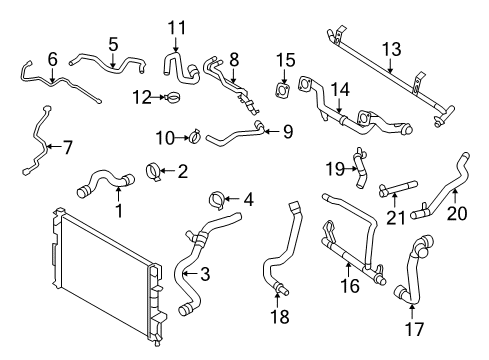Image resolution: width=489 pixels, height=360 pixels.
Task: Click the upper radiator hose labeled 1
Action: (100, 183)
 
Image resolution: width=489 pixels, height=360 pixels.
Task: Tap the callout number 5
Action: (113, 44)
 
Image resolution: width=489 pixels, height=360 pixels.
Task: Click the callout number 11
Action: (177, 27)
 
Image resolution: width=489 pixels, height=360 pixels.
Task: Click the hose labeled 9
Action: (235, 133)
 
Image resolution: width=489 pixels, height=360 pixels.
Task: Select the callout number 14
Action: (341, 89)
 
